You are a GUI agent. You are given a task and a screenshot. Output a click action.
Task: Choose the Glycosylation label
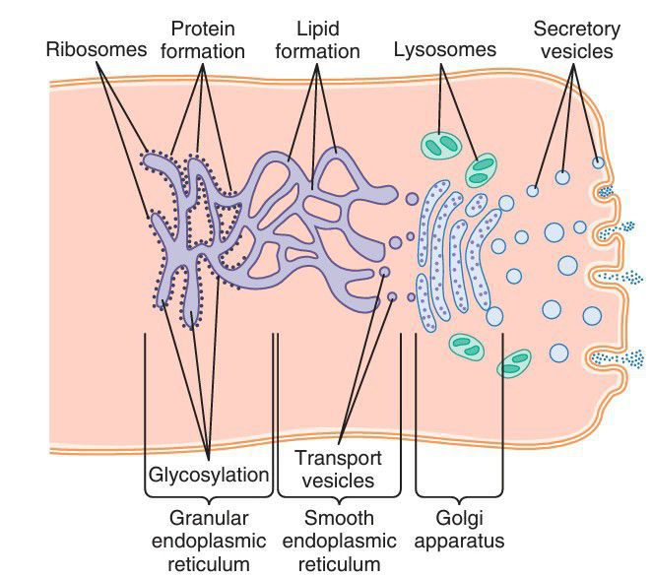tap(208, 475)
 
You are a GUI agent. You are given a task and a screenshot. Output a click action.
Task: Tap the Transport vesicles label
tap(338, 469)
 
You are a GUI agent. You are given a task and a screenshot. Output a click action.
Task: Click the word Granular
tap(208, 517)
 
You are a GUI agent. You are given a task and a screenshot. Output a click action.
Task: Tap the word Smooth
tap(338, 517)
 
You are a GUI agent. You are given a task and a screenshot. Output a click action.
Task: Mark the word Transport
tap(338, 458)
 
